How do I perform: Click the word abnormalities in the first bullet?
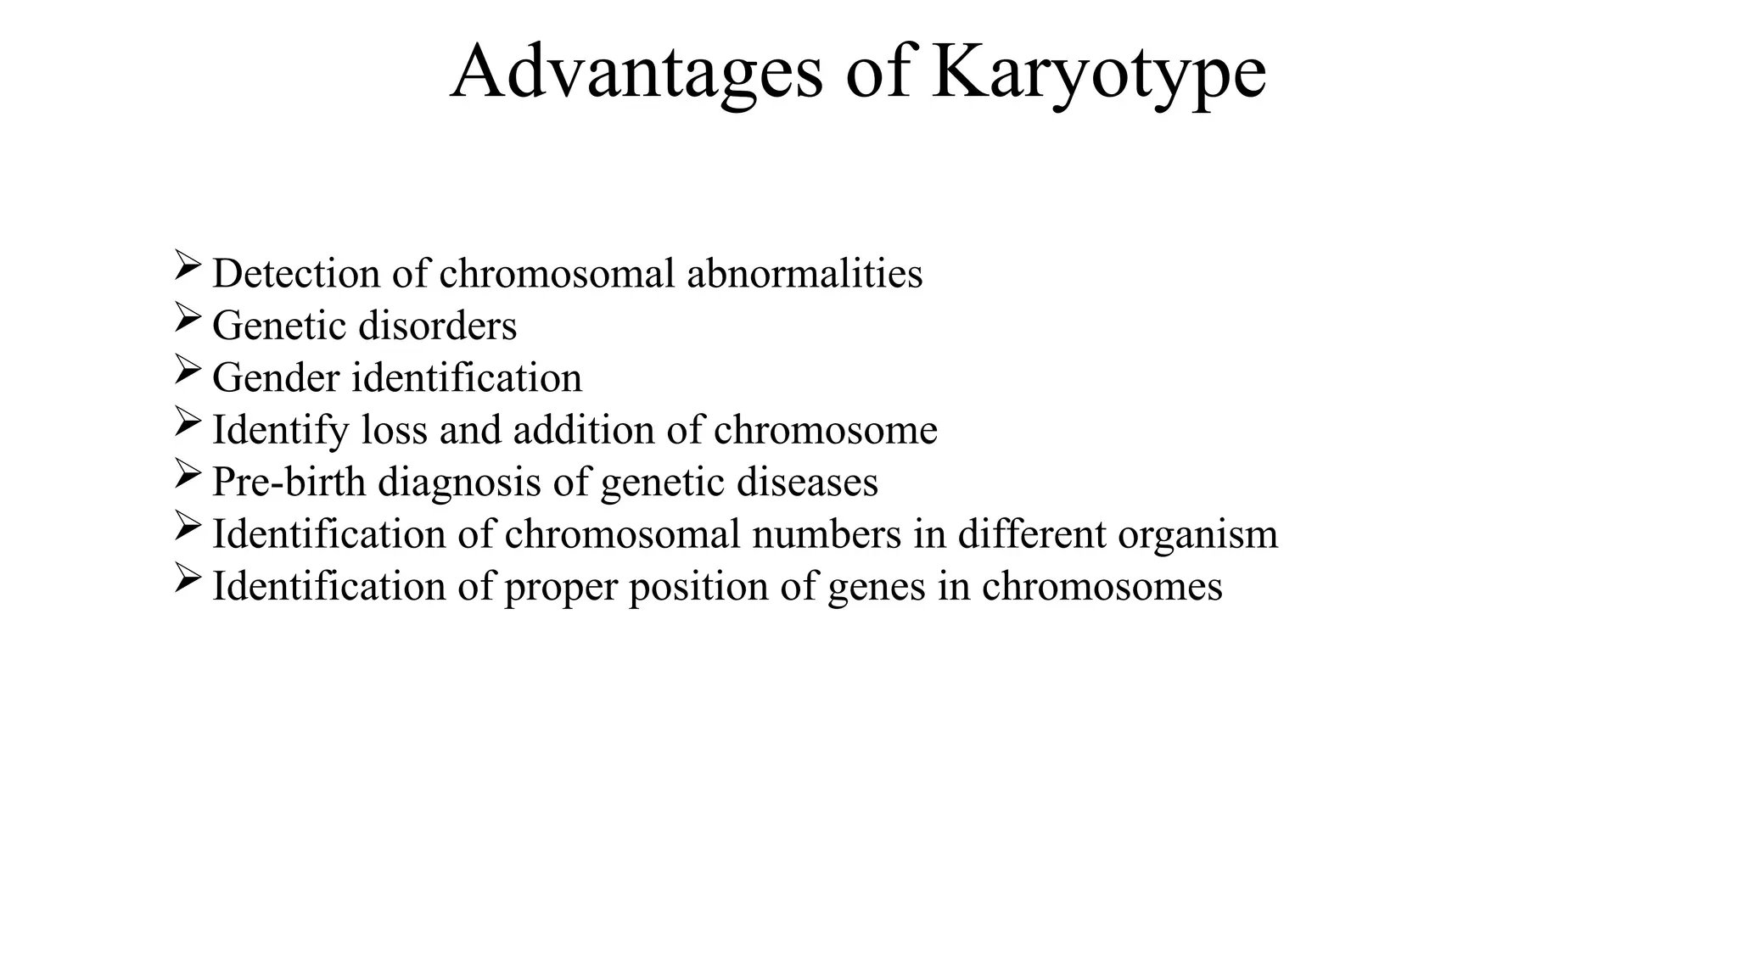805,273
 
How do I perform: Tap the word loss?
394,430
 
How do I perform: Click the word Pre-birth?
289,482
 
